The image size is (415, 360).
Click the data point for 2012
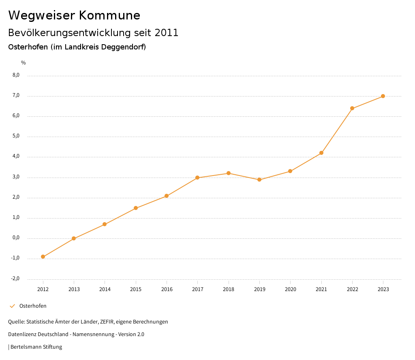tap(43, 257)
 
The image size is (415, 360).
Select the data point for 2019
tap(259, 180)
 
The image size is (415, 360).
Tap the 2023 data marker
tap(383, 96)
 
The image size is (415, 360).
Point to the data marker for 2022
tap(352, 108)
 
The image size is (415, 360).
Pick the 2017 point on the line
tap(197, 178)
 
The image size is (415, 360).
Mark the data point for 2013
tap(74, 238)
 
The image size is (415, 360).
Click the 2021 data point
tap(321, 153)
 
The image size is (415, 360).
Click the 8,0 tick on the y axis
tap(16, 75)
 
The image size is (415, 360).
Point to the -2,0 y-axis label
tap(15, 279)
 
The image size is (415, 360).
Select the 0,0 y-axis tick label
tap(16, 238)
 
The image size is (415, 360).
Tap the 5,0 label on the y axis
tap(16, 136)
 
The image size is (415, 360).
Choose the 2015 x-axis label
tap(136, 289)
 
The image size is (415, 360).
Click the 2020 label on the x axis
tap(290, 289)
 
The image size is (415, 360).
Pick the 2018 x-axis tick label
tap(229, 289)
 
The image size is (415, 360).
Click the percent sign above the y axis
tap(24, 63)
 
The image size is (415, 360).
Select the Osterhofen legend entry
tap(33, 306)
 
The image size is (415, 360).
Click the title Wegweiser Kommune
tap(74, 15)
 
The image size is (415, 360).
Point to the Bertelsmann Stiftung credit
tap(36, 347)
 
